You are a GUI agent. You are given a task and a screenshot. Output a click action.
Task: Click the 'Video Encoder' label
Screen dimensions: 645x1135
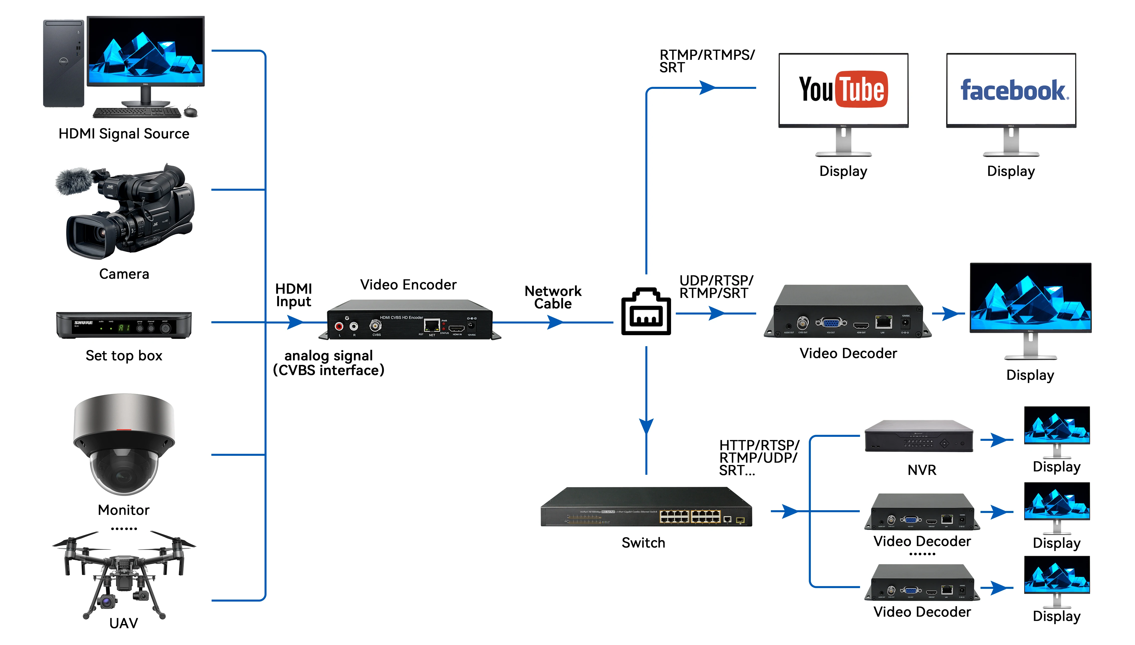[x=408, y=285]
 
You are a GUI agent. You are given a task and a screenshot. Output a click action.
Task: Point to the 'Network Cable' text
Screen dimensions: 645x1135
[x=553, y=297]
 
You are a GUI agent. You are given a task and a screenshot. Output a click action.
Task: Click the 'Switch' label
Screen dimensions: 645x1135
[x=643, y=543]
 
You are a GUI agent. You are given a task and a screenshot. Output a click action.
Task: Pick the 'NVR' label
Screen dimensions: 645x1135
[x=922, y=470]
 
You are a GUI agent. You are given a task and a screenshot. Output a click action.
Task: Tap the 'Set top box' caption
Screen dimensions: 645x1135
[x=124, y=356]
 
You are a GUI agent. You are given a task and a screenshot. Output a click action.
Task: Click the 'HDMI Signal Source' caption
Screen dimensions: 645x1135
[x=124, y=134]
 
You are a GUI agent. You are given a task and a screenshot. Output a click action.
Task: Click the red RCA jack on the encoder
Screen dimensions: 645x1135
[x=339, y=327]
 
